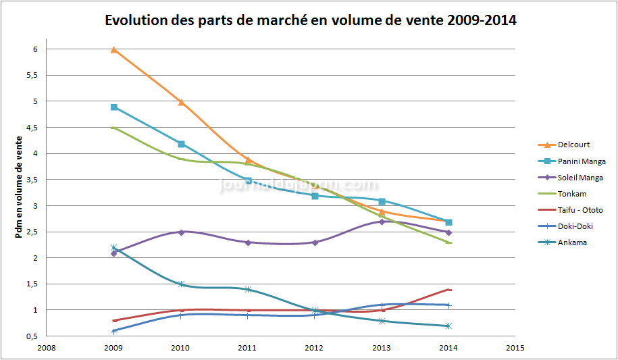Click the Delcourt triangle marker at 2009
(114, 49)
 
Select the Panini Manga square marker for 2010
(181, 144)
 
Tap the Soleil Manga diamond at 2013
(382, 222)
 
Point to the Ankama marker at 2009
(114, 248)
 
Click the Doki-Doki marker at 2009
(114, 331)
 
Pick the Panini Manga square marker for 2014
(448, 222)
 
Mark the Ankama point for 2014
(448, 326)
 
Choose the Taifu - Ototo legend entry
(580, 210)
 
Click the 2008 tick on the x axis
(47, 349)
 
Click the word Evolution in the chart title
(136, 20)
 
